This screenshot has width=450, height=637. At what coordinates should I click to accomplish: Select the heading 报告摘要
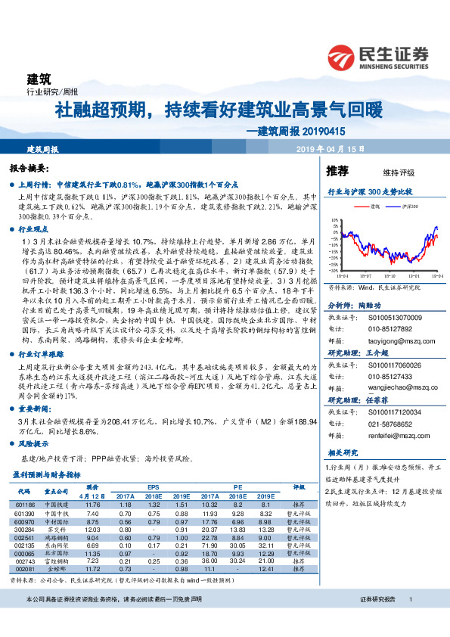pos(29,168)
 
